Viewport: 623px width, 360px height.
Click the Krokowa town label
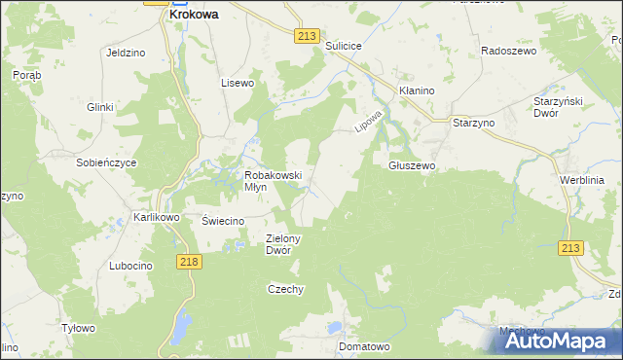(x=193, y=16)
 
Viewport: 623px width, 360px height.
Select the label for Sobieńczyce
(x=107, y=162)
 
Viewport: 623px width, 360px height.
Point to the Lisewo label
(x=238, y=83)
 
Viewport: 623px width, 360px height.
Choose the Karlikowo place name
(x=157, y=217)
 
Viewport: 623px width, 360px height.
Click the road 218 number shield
(x=190, y=262)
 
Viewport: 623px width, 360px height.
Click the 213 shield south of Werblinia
(x=570, y=250)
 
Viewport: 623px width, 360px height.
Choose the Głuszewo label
(x=412, y=165)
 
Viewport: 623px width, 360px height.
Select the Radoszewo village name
(x=509, y=50)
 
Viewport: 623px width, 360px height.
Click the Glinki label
(x=100, y=107)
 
